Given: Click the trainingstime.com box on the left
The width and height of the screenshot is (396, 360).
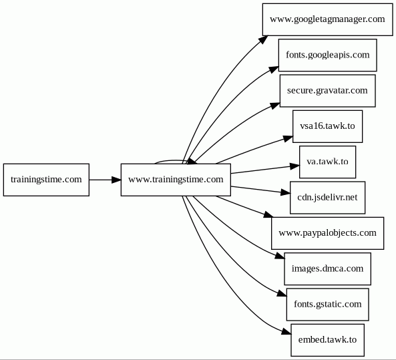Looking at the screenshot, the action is pos(46,180).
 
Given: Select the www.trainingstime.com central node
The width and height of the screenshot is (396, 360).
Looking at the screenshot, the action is pos(176,180).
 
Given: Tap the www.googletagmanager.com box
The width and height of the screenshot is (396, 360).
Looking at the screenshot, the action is pos(328,19).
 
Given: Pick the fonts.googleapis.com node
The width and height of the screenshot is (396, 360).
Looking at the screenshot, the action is pos(328,55).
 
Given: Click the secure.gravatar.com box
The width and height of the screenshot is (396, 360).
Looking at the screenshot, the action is pos(328,91).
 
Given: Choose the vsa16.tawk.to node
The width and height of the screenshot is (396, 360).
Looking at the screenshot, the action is pos(328,126).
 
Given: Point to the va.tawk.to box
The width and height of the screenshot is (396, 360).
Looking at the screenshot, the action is pos(328,162).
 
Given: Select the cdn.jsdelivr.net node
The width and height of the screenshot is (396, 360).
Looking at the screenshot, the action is pos(328,198).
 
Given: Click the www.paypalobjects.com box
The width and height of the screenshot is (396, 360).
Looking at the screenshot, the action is pos(328,233).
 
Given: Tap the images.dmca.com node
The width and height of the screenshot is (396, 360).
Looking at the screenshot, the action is pos(328,268).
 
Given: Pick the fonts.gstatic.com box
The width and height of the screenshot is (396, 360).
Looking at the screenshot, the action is pos(328,305).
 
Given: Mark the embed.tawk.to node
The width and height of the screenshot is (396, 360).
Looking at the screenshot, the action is pos(328,340).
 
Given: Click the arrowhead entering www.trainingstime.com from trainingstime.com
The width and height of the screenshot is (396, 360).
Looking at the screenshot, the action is pos(116,180).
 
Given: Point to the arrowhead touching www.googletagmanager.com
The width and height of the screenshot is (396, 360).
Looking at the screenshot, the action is pos(263,39).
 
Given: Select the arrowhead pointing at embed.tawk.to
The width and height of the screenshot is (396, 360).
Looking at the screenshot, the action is pos(286,332).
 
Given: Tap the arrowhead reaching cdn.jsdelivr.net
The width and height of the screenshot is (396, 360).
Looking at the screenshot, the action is pos(285,193).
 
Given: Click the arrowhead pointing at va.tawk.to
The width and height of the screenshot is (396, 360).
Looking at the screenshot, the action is pos(294,166).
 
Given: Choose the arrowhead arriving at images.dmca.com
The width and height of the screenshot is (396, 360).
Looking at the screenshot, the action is pos(280,255).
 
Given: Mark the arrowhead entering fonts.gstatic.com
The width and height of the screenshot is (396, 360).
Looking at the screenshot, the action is pos(282,293).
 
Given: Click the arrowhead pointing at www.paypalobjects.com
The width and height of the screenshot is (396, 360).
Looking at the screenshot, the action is pos(268,215).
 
